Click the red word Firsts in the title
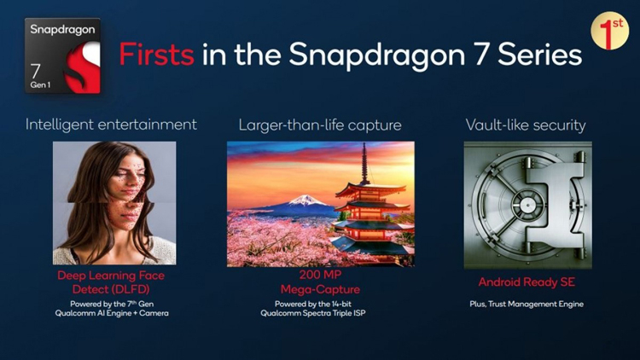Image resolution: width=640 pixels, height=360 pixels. [x=156, y=55]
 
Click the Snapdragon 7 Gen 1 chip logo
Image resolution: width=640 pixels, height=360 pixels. [x=63, y=55]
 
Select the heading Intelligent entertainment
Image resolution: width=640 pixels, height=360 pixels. [x=111, y=125]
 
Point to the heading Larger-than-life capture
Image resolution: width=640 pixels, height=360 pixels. [x=320, y=125]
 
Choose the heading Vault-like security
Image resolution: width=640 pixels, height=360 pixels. [x=526, y=125]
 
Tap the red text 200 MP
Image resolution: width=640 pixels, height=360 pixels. [x=320, y=276]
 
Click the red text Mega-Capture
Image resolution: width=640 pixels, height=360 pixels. [x=320, y=289]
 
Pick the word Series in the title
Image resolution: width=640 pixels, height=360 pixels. [x=541, y=55]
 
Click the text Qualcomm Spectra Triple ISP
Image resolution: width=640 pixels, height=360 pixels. [x=320, y=314]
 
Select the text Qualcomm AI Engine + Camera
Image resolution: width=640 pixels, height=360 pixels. [x=111, y=313]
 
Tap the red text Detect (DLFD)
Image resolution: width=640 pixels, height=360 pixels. [x=111, y=288]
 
